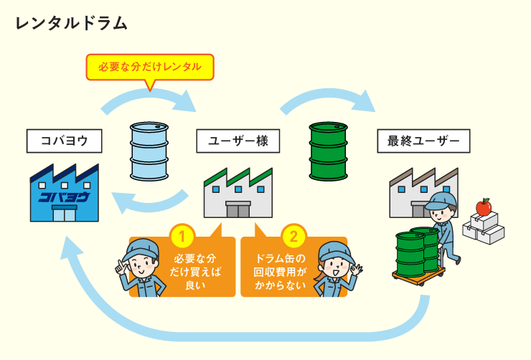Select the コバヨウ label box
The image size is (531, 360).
tap(62, 141)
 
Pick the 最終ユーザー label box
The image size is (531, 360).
tap(423, 141)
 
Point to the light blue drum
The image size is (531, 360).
tap(150, 151)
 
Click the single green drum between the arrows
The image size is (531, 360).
tap(328, 151)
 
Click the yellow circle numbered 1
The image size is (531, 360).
tap(182, 235)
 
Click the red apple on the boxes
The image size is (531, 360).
tap(484, 207)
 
